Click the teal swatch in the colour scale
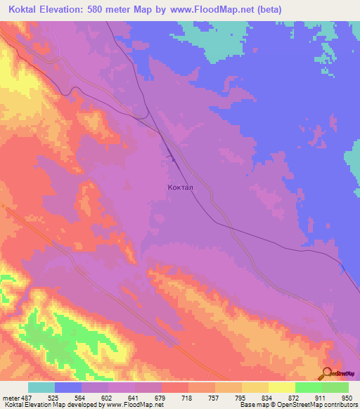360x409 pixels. point(41,387)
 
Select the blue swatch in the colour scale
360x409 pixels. point(69,387)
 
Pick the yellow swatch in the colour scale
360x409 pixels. point(281,387)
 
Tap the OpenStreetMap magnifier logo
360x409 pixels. point(327,374)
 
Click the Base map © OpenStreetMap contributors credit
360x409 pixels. point(297,405)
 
